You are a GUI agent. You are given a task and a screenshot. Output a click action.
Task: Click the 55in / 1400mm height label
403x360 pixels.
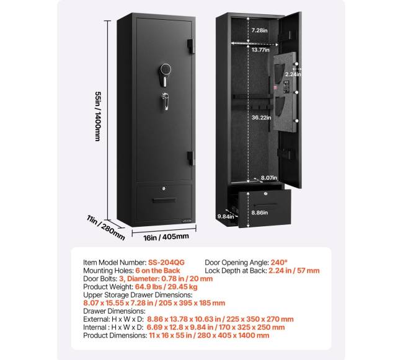(x=98, y=116)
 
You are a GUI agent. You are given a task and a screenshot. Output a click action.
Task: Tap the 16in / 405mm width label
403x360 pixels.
(x=166, y=237)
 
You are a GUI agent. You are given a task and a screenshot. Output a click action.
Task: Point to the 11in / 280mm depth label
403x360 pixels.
(x=106, y=227)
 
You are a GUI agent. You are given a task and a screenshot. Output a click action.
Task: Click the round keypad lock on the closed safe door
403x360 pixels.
(x=166, y=69)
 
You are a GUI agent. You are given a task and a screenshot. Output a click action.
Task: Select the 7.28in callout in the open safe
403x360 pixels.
(x=259, y=30)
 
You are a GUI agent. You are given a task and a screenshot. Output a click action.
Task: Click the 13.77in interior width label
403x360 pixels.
(x=260, y=50)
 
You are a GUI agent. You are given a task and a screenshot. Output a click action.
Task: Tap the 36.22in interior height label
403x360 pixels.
(x=261, y=117)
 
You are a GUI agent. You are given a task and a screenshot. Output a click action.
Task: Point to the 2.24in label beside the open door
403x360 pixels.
(x=293, y=74)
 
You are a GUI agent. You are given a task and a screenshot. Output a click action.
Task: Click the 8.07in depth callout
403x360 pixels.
(x=269, y=178)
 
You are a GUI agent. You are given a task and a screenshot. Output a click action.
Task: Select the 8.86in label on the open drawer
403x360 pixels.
(x=260, y=213)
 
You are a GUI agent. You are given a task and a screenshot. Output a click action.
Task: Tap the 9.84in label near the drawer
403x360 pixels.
(x=226, y=216)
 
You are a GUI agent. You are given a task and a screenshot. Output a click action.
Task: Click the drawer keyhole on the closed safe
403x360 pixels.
(x=164, y=189)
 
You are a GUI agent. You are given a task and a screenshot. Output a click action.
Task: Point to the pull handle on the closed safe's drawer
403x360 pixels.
(x=164, y=200)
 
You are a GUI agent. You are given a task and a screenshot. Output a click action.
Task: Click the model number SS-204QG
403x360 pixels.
(x=166, y=263)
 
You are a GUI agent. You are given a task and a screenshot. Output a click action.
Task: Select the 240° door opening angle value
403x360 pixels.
(x=279, y=263)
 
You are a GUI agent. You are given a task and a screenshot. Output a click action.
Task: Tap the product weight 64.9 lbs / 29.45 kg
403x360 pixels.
(x=166, y=287)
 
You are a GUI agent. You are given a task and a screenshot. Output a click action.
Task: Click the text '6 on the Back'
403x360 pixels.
(x=157, y=271)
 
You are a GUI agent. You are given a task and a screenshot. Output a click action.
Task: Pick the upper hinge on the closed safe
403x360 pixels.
(x=190, y=46)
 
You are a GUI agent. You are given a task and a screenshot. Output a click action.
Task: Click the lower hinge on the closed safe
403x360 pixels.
(x=190, y=158)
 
